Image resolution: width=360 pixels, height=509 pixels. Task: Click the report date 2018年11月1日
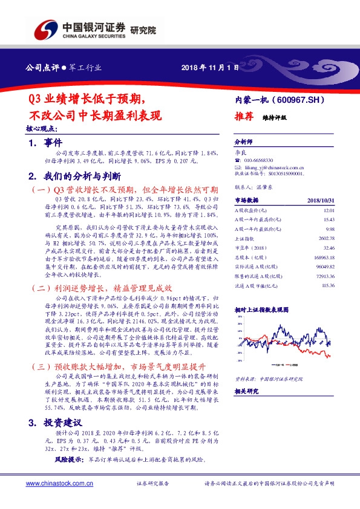click(x=206, y=68)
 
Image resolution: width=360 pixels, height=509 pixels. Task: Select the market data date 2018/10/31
click(x=321, y=199)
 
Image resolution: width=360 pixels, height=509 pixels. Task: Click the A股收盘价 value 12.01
click(x=329, y=209)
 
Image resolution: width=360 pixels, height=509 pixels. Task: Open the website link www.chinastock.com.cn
click(x=60, y=484)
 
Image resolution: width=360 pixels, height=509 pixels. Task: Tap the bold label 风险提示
click(x=69, y=460)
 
